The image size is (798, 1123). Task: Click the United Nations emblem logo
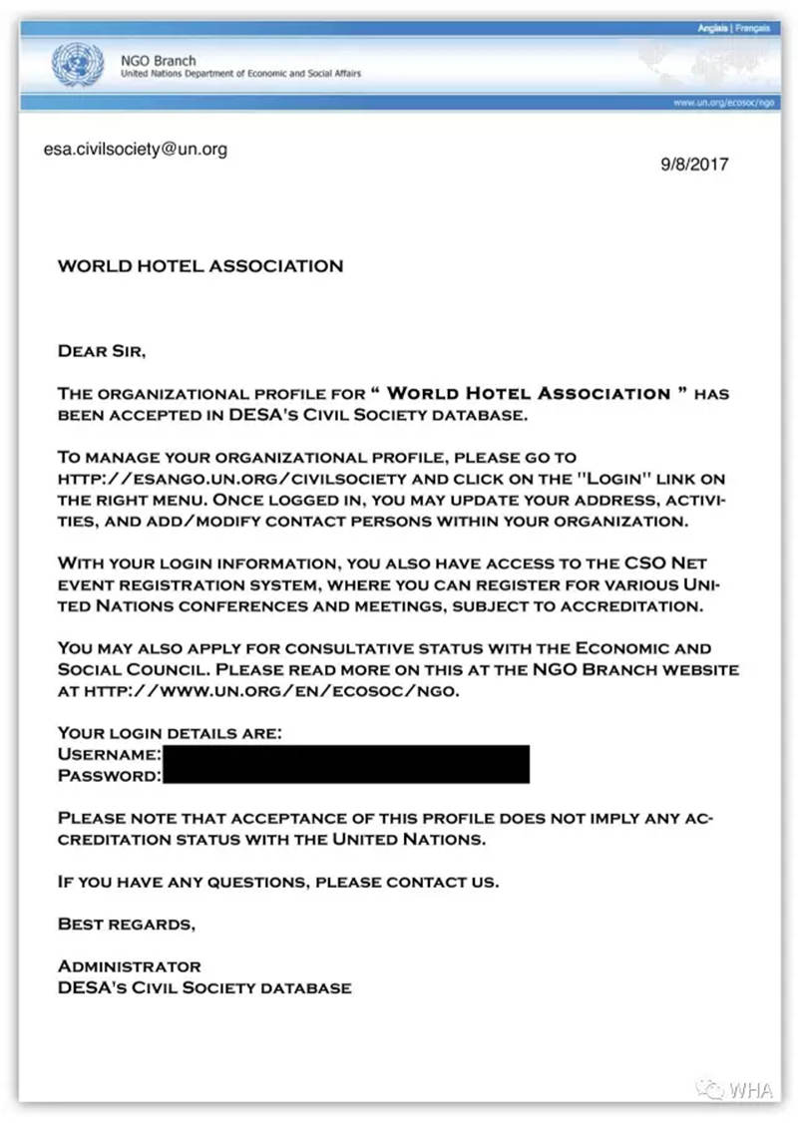(71, 65)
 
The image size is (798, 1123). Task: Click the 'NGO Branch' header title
(158, 61)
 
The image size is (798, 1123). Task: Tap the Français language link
(753, 29)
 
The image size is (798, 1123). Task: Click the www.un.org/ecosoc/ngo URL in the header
(724, 103)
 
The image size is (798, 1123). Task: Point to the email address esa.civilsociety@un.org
(136, 150)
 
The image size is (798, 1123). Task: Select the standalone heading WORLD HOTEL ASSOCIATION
(200, 266)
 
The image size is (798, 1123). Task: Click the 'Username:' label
(109, 754)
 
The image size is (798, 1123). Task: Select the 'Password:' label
(109, 774)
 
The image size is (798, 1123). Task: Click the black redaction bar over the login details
(344, 764)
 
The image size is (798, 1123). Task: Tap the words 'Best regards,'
(127, 924)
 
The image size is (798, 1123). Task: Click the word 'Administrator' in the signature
(129, 966)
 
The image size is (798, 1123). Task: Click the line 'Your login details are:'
(170, 733)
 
